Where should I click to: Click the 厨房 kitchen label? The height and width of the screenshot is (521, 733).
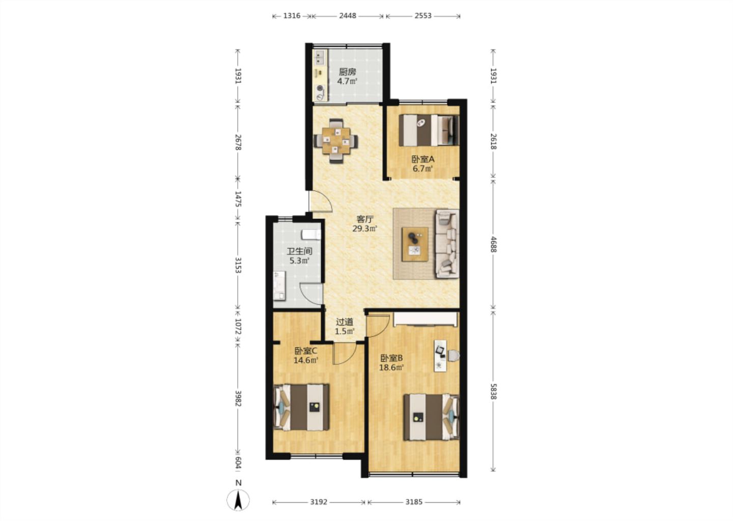(x=347, y=72)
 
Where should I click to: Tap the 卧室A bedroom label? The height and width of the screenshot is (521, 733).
(x=423, y=159)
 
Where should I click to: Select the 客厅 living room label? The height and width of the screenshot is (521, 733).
(x=365, y=219)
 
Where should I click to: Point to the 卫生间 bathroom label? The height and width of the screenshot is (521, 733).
(x=299, y=251)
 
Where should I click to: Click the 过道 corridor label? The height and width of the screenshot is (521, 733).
(x=345, y=322)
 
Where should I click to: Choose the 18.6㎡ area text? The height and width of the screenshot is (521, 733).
(x=391, y=367)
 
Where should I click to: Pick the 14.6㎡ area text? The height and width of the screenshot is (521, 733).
(x=306, y=360)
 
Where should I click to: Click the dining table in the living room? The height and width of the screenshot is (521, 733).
(x=336, y=141)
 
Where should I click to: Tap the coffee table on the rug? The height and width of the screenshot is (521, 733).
(x=415, y=244)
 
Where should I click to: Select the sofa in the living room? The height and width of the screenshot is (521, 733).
(x=447, y=244)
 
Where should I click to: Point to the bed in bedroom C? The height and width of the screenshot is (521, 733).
(x=301, y=408)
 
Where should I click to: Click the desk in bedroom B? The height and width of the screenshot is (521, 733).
(x=440, y=356)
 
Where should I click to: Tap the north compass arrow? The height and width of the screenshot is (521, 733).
(x=239, y=500)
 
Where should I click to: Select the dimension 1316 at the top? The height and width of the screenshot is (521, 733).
(x=292, y=16)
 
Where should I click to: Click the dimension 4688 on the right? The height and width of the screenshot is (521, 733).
(x=493, y=244)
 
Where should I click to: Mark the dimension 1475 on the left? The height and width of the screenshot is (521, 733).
(x=238, y=199)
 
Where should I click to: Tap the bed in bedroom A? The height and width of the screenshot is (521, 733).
(x=429, y=130)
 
